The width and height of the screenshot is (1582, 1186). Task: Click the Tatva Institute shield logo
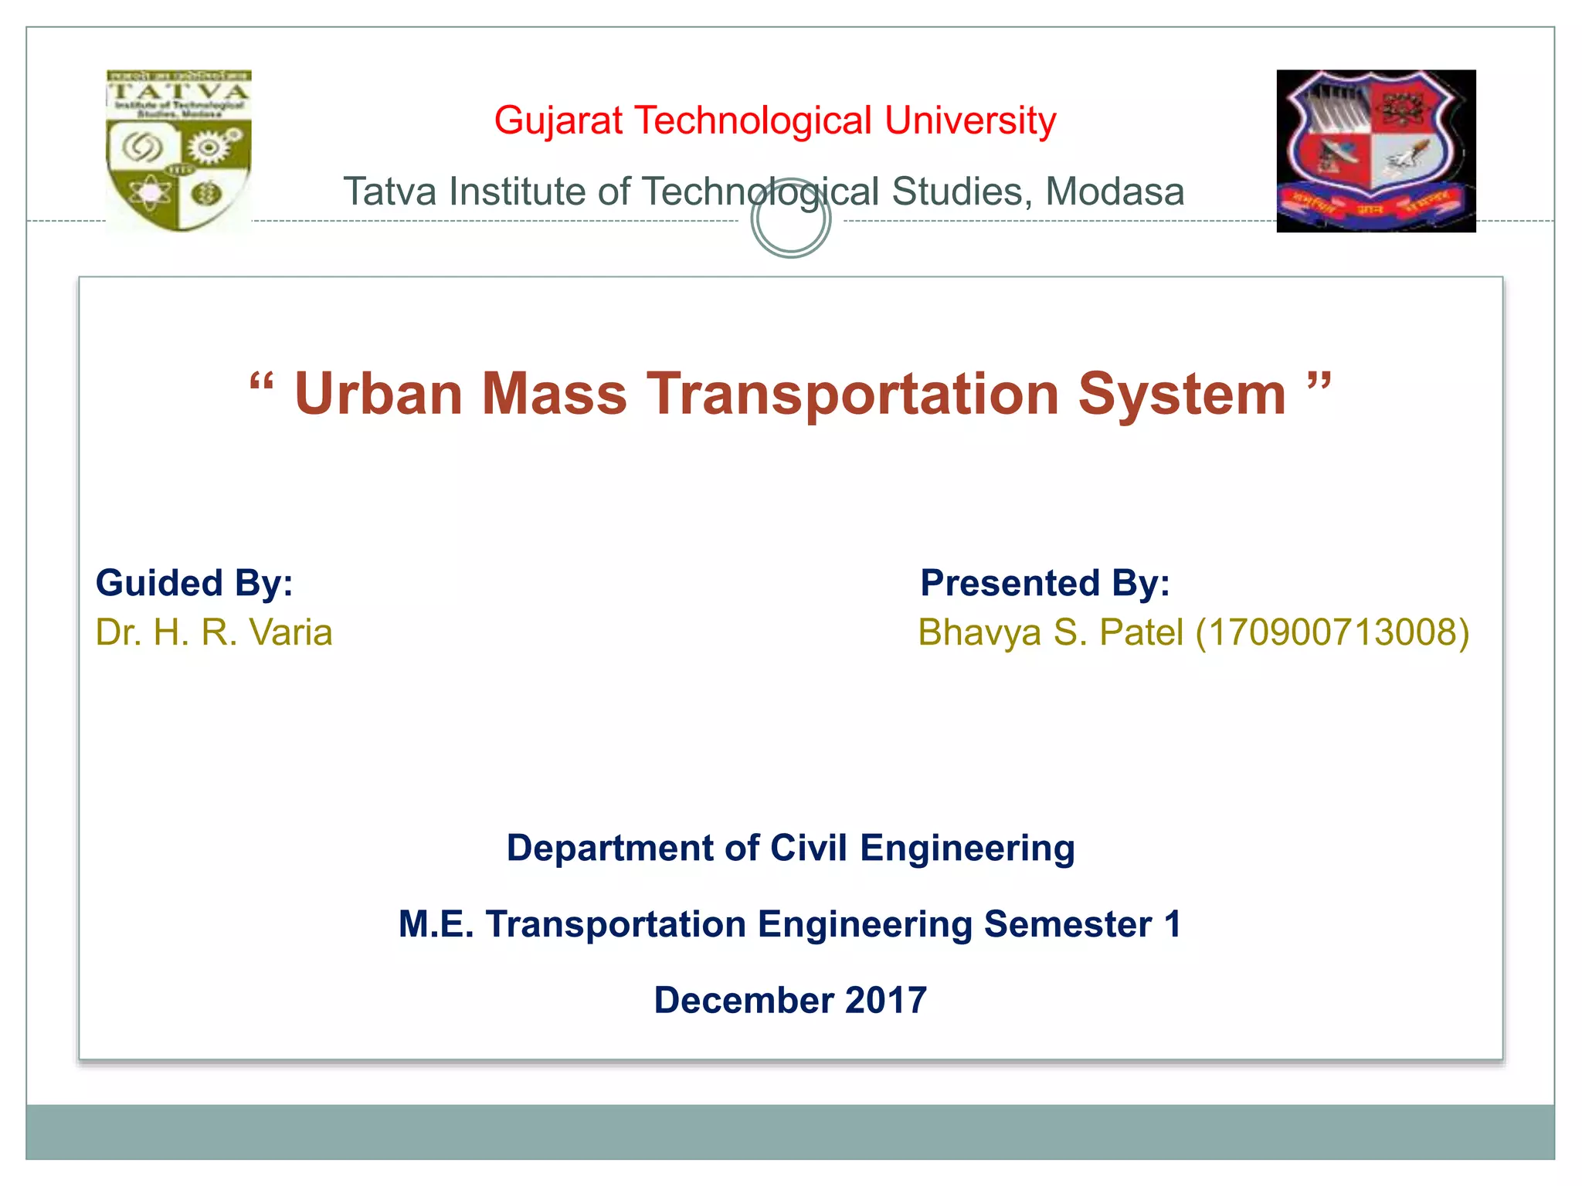(x=178, y=151)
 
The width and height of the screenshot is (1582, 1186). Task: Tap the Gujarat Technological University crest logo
(x=1376, y=151)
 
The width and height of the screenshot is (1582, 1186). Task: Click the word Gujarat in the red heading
(x=558, y=121)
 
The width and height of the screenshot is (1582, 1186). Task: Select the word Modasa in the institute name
(x=1115, y=192)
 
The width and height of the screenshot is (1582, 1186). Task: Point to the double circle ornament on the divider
(x=790, y=219)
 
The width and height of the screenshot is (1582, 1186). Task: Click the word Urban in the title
(x=379, y=394)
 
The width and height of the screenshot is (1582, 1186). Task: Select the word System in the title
(x=1182, y=394)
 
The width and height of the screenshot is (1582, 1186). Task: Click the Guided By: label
(x=194, y=583)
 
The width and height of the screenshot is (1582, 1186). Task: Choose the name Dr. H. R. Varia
(x=214, y=632)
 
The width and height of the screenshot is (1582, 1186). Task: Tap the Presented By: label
(x=1044, y=583)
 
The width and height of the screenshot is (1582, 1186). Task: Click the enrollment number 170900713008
(x=1332, y=632)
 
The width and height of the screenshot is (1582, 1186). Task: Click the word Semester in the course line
(x=1068, y=924)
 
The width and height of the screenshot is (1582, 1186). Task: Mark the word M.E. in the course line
(x=436, y=924)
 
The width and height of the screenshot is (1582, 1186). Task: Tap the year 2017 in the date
(x=886, y=1000)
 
